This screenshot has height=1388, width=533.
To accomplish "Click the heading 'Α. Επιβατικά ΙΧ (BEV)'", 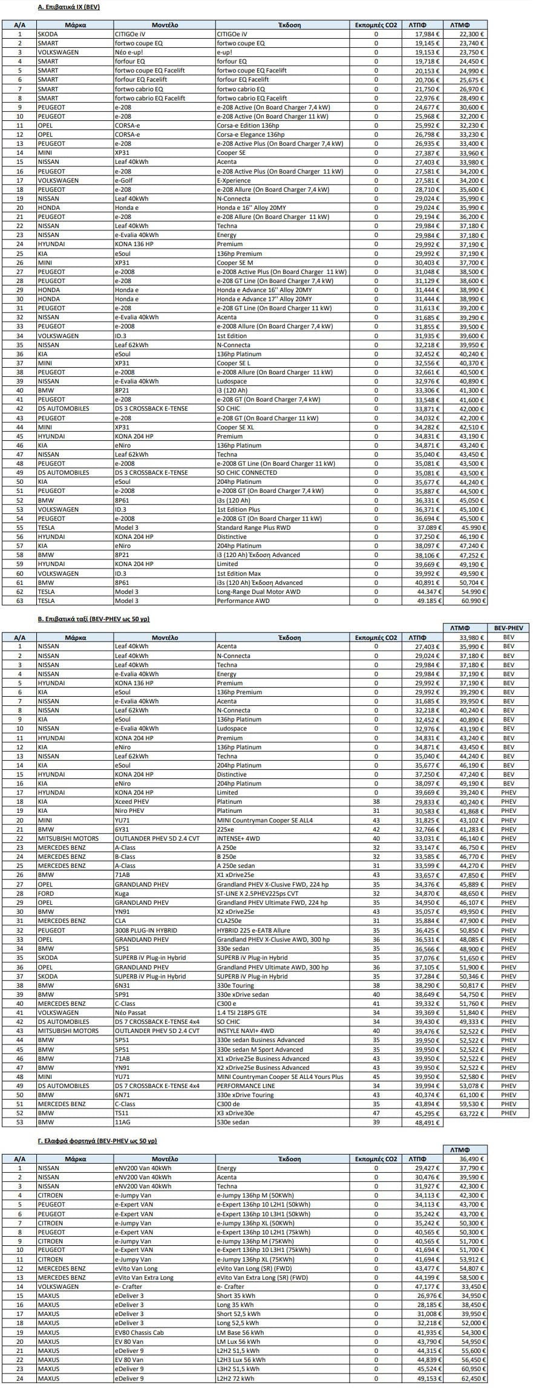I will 68,7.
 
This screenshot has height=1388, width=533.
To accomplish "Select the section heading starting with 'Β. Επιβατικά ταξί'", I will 93,619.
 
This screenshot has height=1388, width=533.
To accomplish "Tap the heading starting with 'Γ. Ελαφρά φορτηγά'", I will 97,1141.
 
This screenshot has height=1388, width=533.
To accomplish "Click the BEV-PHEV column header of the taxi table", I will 508,628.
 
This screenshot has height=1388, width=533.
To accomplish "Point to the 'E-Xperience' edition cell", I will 233,180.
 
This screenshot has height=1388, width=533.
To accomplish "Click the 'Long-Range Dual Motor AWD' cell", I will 258,591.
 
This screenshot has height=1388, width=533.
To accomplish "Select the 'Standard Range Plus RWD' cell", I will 253,527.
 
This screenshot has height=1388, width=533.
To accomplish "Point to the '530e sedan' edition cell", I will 232,1122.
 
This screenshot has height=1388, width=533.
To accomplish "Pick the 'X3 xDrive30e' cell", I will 235,1113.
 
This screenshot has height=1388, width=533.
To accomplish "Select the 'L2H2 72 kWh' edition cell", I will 237,1378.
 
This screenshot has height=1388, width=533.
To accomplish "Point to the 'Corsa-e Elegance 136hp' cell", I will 250,134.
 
